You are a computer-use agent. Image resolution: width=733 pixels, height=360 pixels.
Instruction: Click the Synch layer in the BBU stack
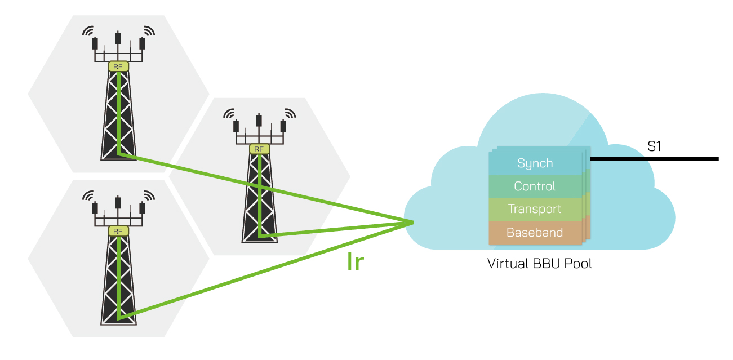pyautogui.click(x=535, y=163)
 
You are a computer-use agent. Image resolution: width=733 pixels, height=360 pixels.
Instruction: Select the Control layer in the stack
pyautogui.click(x=535, y=186)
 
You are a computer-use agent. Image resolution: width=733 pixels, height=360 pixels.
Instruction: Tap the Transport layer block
pyautogui.click(x=535, y=209)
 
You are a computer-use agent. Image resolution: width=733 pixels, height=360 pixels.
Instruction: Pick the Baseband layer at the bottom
pyautogui.click(x=535, y=232)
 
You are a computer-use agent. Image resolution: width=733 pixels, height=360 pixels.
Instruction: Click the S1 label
pyautogui.click(x=654, y=148)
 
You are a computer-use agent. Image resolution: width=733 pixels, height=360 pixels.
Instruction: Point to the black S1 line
pyautogui.click(x=654, y=159)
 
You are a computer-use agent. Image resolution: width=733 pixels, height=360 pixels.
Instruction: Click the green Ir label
pyautogui.click(x=354, y=263)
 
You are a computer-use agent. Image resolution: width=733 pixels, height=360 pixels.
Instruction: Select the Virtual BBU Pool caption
pyautogui.click(x=539, y=264)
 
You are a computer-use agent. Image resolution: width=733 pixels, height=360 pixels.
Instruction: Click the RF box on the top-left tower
pyautogui.click(x=118, y=66)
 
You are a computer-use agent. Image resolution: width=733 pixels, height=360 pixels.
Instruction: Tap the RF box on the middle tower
pyautogui.click(x=259, y=149)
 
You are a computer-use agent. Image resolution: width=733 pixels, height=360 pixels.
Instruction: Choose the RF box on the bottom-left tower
pyautogui.click(x=118, y=232)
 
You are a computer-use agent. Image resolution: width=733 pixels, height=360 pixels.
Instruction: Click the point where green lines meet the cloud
pyautogui.click(x=413, y=222)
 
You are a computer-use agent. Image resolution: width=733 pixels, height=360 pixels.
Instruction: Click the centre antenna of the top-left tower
pyautogui.click(x=118, y=38)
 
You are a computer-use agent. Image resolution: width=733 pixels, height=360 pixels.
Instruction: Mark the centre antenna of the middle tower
pyautogui.click(x=259, y=121)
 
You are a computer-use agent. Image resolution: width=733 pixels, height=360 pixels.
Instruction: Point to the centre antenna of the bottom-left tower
pyautogui.click(x=118, y=203)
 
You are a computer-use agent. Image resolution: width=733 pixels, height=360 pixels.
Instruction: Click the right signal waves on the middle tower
pyautogui.click(x=289, y=113)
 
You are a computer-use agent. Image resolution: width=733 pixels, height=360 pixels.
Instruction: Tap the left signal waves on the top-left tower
pyautogui.click(x=88, y=30)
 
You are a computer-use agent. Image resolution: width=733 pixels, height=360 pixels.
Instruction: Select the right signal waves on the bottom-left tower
pyautogui.click(x=148, y=195)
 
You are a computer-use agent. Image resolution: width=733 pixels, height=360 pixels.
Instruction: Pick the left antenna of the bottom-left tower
pyautogui.click(x=95, y=208)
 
